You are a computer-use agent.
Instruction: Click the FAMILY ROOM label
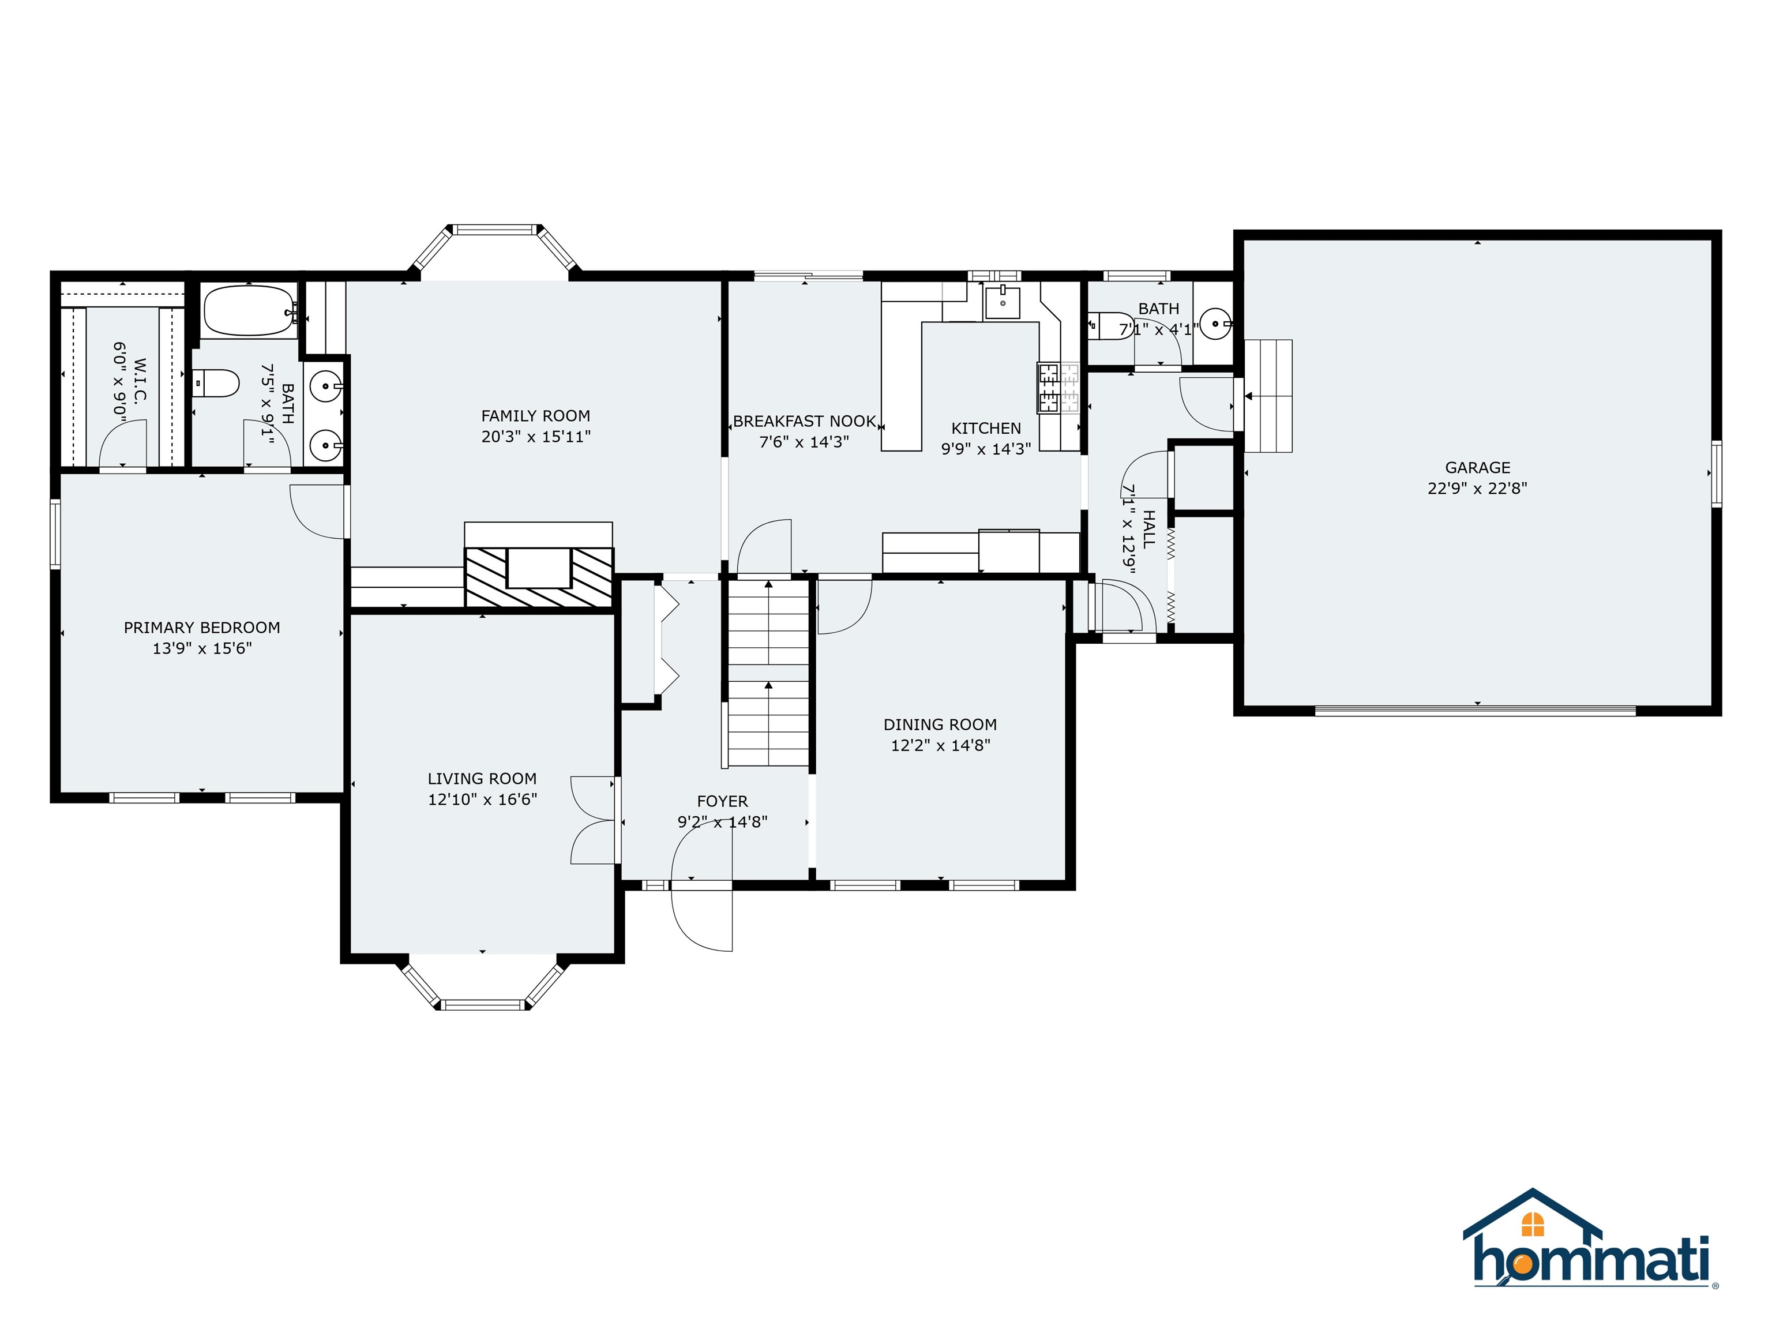[535, 416]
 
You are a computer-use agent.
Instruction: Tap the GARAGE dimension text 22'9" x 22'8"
[1477, 488]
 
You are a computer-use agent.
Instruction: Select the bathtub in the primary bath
[249, 311]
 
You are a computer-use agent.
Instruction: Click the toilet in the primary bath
[216, 383]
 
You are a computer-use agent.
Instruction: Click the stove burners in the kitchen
[1048, 388]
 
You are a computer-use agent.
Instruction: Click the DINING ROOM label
[940, 724]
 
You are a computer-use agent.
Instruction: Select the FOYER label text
[722, 801]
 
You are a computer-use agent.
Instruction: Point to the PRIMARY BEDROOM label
[202, 627]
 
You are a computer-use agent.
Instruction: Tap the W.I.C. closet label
[140, 381]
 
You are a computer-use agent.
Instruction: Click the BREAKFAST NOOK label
[804, 422]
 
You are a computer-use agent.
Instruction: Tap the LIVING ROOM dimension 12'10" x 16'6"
[482, 799]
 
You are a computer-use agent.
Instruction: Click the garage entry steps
[1267, 396]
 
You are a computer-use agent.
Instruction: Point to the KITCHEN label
[986, 429]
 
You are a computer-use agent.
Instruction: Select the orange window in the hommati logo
[1533, 1224]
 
